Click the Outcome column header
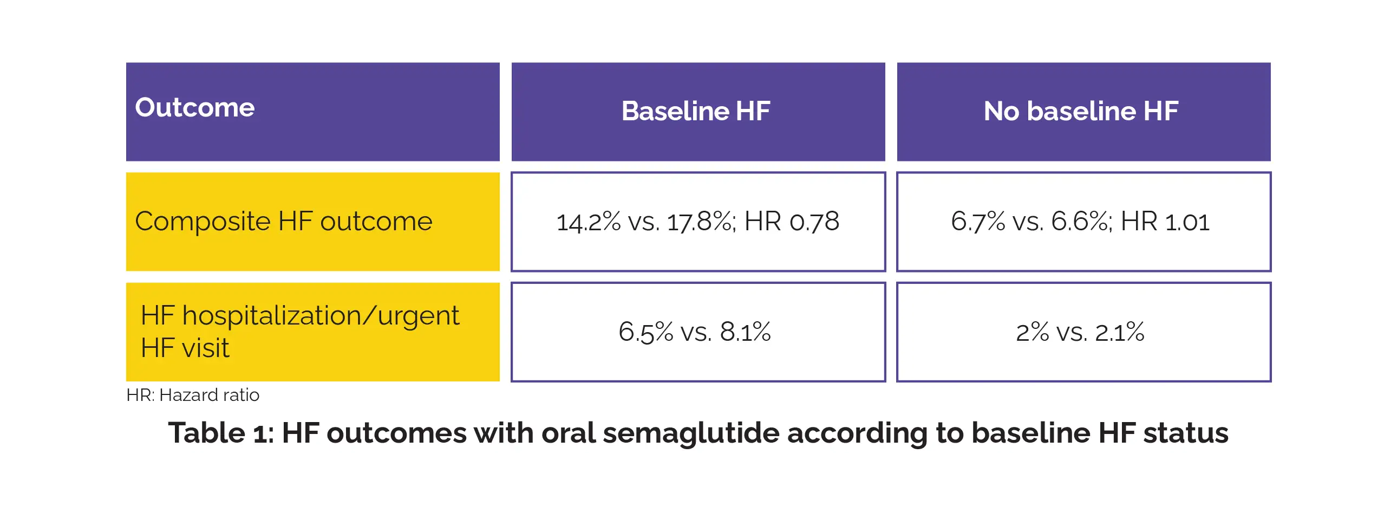click(x=195, y=107)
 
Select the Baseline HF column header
click(x=696, y=111)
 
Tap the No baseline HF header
click(x=1081, y=111)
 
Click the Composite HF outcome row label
click(x=284, y=222)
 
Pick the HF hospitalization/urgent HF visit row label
click(x=299, y=332)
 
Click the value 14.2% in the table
click(x=589, y=222)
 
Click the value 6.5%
click(x=645, y=332)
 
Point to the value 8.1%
click(x=745, y=332)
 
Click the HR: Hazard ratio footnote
click(x=193, y=395)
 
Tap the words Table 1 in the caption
click(x=221, y=433)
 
